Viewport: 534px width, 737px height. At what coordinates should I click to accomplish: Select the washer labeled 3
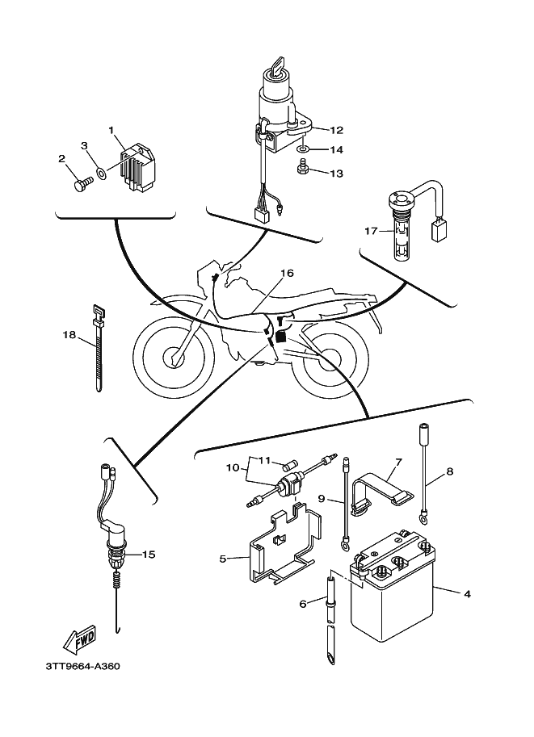[99, 171]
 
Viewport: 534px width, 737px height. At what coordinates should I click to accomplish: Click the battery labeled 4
[392, 598]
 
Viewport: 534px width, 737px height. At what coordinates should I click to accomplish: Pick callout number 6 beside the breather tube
[302, 603]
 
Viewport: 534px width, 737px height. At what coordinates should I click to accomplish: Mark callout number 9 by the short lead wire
[321, 500]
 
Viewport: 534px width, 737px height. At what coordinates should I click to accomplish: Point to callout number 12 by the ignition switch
[336, 129]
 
